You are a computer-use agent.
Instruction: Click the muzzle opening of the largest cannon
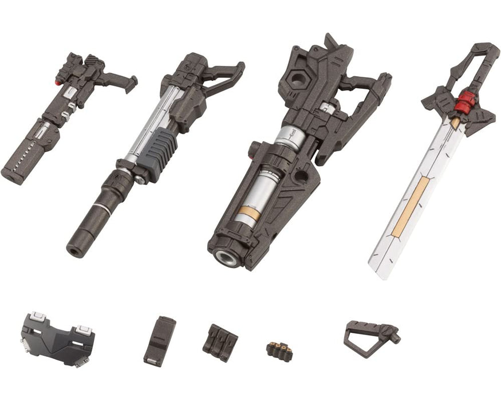pyautogui.click(x=225, y=260)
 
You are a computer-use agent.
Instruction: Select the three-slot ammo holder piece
pyautogui.click(x=218, y=339)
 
